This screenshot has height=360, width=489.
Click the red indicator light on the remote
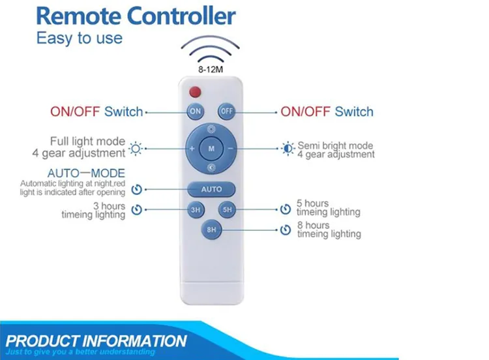coord(195,92)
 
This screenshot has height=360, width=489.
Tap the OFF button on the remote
coord(226,111)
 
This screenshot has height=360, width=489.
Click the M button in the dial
coord(211,149)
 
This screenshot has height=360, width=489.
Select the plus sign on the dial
coord(192,149)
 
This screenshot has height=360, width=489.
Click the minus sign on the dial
coord(230,149)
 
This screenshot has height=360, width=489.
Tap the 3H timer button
coord(196,209)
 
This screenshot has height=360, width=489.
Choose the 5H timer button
coord(227,209)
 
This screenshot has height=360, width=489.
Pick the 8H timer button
coord(211,230)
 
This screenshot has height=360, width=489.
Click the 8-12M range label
coord(211,69)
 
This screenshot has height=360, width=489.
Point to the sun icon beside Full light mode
coord(136,149)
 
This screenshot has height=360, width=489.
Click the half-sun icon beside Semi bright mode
coord(288,149)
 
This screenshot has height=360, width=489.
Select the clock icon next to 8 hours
coord(286,230)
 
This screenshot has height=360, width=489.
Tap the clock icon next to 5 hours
coord(286,209)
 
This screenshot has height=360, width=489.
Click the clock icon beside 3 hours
coord(137,209)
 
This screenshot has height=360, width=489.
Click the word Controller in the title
coord(181,16)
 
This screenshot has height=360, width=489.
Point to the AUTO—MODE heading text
coord(86,173)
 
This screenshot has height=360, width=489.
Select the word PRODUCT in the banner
coord(43,341)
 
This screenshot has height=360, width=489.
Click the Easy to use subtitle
coord(80,38)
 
